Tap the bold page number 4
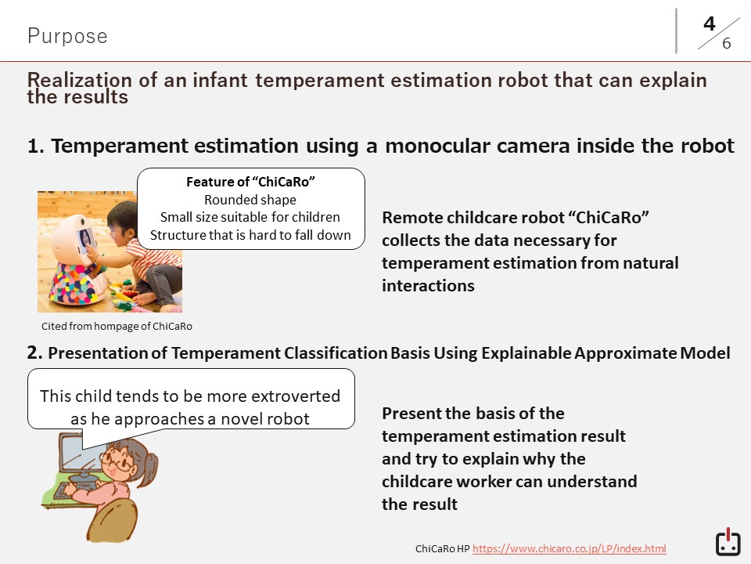click(710, 23)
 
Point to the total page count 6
click(726, 43)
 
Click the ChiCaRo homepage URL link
click(569, 548)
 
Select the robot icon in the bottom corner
click(728, 542)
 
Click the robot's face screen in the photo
click(85, 240)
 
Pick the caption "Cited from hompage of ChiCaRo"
click(117, 326)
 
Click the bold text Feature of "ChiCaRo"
click(250, 182)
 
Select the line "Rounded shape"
click(250, 200)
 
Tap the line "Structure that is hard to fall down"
click(250, 235)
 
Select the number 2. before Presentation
click(34, 352)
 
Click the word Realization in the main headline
click(79, 80)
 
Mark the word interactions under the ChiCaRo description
click(428, 286)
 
